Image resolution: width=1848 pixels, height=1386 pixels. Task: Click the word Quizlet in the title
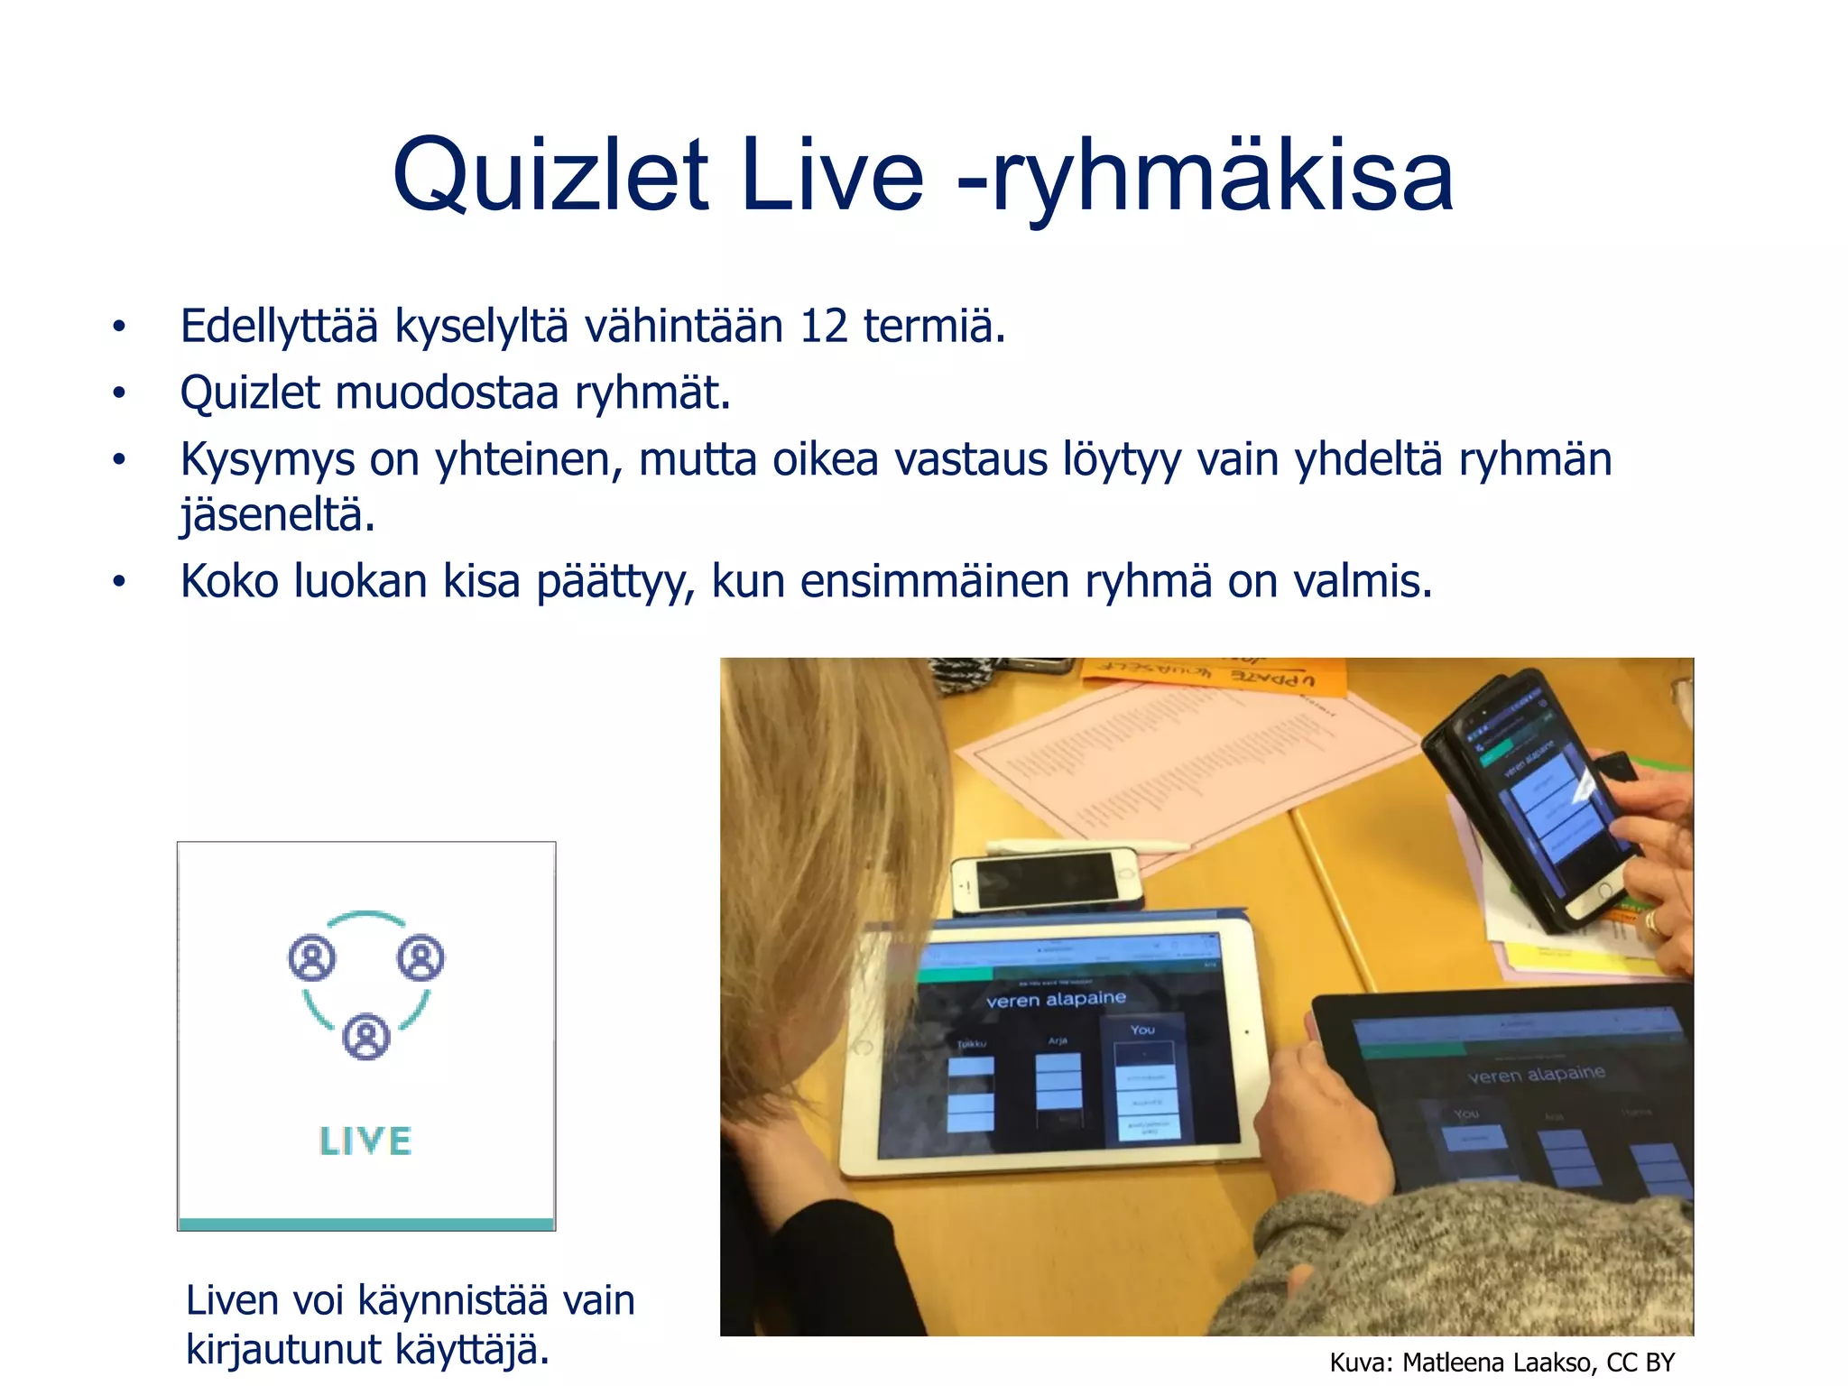tap(550, 176)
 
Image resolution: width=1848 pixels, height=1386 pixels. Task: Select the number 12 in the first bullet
tap(823, 326)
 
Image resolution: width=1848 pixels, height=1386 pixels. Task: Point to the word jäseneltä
tap(277, 515)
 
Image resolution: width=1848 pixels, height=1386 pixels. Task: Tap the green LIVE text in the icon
tap(365, 1141)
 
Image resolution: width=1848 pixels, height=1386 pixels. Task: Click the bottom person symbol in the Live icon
tap(366, 1037)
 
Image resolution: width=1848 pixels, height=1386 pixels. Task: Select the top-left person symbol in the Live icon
tap(312, 957)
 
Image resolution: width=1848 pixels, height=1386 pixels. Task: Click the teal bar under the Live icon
tap(365, 1224)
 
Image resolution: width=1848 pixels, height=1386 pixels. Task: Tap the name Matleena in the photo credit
tap(1454, 1363)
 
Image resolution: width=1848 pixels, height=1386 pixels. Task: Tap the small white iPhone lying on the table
tap(1047, 880)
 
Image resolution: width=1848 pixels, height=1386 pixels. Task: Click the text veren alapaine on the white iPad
tap(1056, 999)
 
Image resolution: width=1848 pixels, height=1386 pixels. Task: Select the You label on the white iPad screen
tap(1142, 1030)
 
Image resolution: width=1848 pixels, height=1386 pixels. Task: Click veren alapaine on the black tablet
tap(1536, 1074)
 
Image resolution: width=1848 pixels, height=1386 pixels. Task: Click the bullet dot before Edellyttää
tap(118, 328)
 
